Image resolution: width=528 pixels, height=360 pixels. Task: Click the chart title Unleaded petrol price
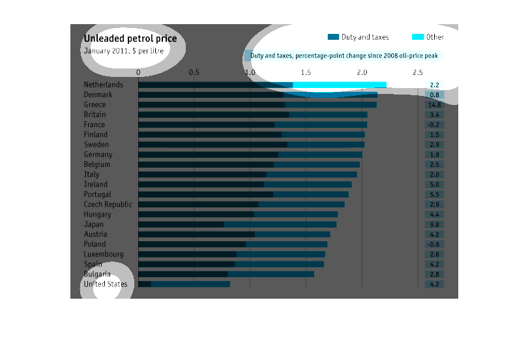point(130,38)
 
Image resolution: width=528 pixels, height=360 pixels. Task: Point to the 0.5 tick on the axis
point(194,72)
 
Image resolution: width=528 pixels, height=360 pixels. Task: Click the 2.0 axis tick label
point(362,72)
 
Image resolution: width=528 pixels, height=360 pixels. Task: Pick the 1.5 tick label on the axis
point(306,72)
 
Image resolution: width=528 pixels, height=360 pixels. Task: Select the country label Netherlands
point(103,85)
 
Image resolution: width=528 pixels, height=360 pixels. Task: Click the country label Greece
point(95,105)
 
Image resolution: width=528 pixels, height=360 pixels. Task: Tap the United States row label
point(106,284)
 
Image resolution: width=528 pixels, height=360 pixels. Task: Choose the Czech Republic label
point(108,204)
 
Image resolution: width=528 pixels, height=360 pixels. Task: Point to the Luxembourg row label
point(104,254)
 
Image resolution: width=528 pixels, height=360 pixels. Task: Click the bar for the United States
point(184,284)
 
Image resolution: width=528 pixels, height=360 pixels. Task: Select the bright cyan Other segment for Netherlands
point(340,85)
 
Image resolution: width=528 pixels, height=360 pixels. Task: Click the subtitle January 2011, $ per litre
point(123,50)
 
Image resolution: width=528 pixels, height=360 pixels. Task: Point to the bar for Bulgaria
point(226,275)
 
